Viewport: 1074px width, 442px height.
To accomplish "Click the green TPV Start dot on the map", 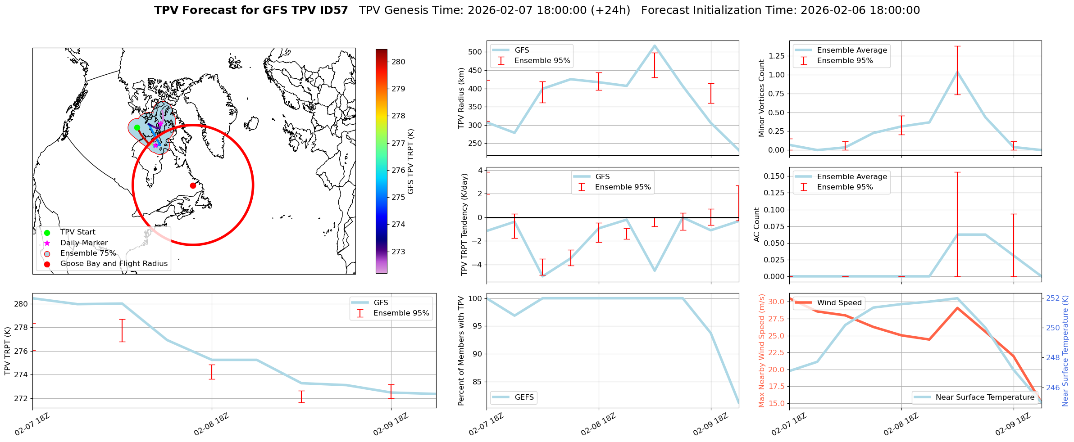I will (x=137, y=127).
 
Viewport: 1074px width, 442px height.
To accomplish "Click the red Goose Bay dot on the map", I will (x=193, y=185).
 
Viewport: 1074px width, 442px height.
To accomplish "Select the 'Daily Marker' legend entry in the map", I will (x=84, y=243).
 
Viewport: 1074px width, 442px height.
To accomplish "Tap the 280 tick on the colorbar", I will (x=398, y=62).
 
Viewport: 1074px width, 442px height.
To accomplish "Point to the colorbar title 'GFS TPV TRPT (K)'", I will (x=410, y=162).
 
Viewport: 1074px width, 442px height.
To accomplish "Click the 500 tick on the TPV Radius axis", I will (x=476, y=52).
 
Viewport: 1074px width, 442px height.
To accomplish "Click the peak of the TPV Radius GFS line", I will (x=655, y=45).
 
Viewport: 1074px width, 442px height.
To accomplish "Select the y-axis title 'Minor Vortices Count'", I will (x=762, y=98).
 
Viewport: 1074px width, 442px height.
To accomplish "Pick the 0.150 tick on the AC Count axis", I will (x=773, y=176).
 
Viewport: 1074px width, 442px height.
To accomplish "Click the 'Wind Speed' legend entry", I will (x=839, y=303).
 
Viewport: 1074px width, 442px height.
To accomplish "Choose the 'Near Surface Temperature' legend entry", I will (x=985, y=397).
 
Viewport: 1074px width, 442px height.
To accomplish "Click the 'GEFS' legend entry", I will (x=524, y=397).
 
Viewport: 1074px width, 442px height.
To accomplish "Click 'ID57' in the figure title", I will (x=333, y=10).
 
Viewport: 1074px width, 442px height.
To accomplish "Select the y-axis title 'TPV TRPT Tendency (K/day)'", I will (x=464, y=225).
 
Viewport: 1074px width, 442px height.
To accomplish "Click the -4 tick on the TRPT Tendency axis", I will (x=477, y=265).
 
